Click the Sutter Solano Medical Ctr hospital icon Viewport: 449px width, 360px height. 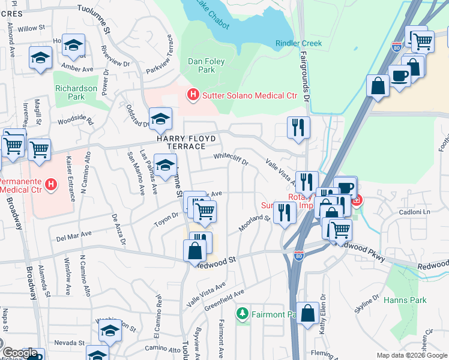coord(193,95)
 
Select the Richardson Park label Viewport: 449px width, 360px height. coord(76,92)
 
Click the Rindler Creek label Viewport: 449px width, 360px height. coord(298,43)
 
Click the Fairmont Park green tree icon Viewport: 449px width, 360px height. coord(243,313)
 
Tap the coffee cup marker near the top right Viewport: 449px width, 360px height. coord(399,76)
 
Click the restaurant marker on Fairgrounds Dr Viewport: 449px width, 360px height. coord(298,127)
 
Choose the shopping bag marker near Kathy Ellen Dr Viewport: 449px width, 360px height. coord(307,313)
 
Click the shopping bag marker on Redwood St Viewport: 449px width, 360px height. coord(194,250)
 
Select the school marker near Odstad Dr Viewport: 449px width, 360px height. coord(160,119)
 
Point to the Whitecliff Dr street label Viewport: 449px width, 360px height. coord(231,158)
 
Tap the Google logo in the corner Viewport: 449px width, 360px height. coord(20,353)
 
